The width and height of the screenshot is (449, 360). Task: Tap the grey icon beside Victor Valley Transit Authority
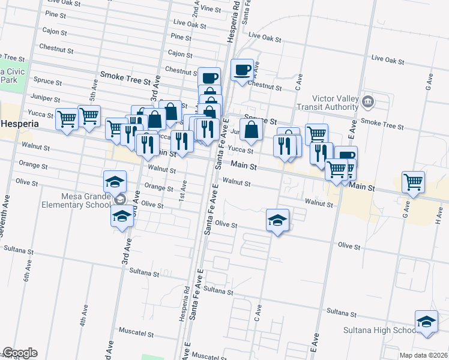pos(369,100)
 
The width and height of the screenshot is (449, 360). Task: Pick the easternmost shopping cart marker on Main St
pos(413,182)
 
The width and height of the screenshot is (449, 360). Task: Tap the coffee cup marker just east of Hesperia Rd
pos(243,70)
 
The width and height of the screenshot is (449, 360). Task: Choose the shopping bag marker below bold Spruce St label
pos(252,129)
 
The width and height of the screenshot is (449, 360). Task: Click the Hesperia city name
pos(19,124)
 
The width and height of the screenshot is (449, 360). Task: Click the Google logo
pos(19,353)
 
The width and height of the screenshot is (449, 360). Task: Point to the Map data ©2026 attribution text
pos(423,355)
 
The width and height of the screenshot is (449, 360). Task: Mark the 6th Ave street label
pos(28,273)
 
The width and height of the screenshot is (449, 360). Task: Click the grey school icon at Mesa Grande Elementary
pos(121,199)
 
